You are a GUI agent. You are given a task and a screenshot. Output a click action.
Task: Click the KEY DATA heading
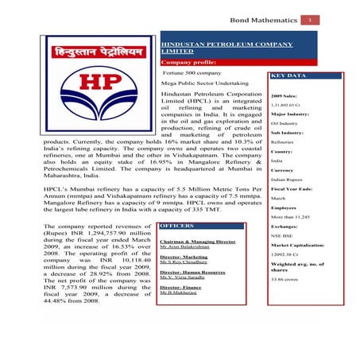[288, 76]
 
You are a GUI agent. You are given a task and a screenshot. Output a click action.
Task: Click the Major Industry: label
[289, 114]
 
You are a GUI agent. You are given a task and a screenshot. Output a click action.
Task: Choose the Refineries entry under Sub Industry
[283, 142]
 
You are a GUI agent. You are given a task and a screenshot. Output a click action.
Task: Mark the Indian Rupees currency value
[287, 180]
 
